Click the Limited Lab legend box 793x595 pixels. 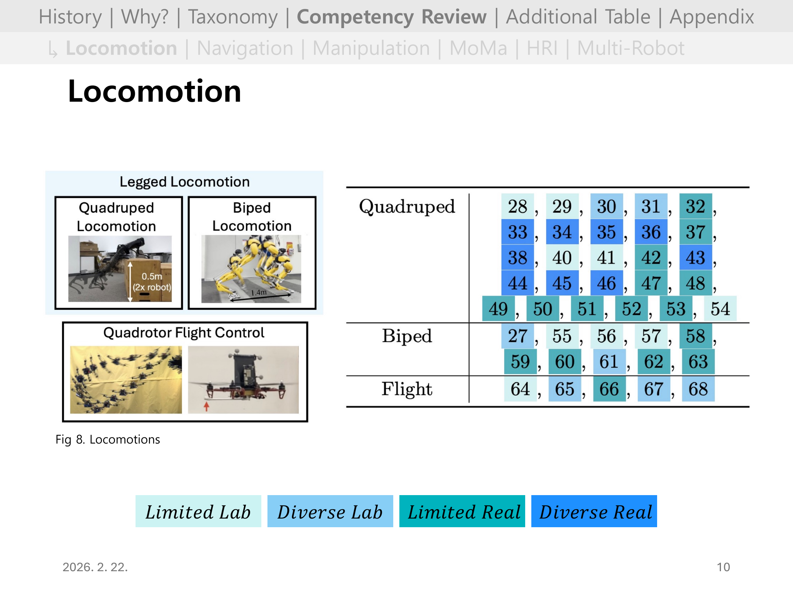click(198, 511)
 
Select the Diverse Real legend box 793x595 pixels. click(594, 511)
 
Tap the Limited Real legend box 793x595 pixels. click(462, 511)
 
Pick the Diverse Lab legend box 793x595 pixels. click(330, 511)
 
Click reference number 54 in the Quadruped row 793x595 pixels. click(720, 309)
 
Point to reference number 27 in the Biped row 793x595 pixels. click(517, 336)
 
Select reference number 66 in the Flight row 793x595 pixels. click(609, 389)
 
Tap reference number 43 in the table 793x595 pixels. click(695, 258)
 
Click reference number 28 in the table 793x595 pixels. click(517, 207)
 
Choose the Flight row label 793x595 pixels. click(407, 389)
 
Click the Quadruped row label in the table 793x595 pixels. click(407, 207)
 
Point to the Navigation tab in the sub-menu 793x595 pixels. click(245, 48)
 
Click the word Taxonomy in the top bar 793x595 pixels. click(233, 17)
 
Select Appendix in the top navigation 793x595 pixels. click(712, 17)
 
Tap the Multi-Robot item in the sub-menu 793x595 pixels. click(630, 48)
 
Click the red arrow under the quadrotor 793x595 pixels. click(207, 406)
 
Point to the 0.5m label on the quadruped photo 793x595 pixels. click(152, 277)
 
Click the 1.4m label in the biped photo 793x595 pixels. click(259, 292)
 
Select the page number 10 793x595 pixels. click(723, 567)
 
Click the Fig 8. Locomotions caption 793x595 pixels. click(107, 440)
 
